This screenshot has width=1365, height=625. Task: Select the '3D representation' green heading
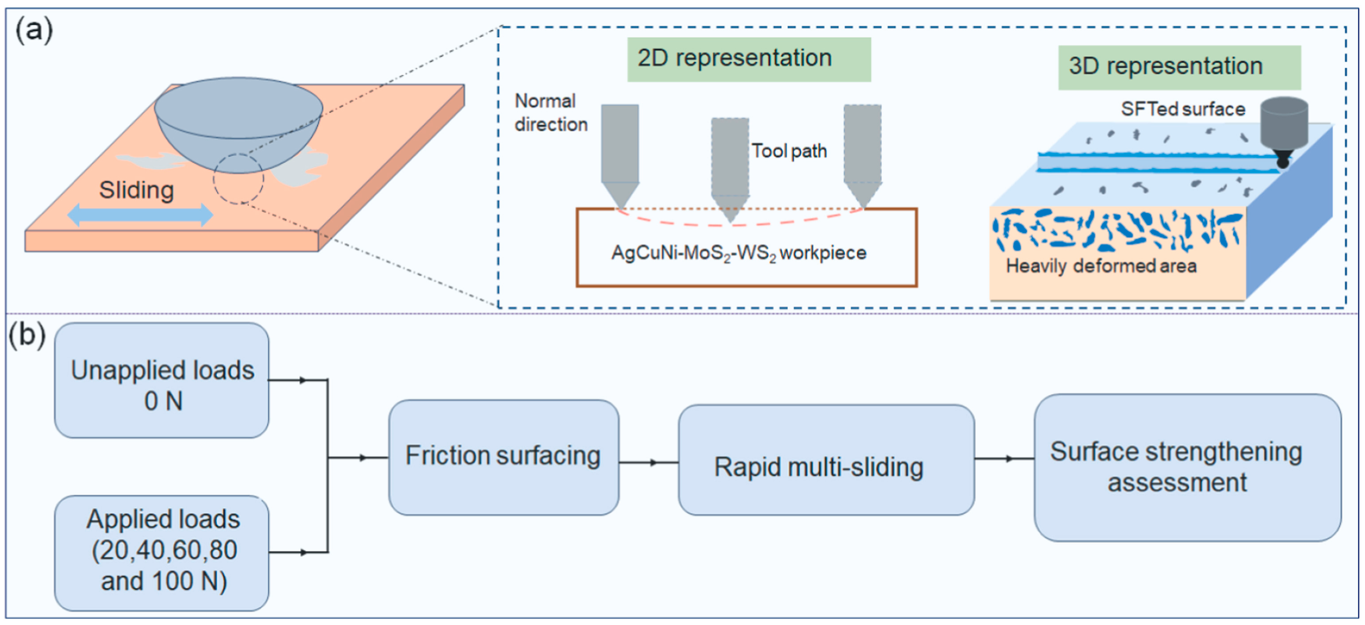pos(1179,67)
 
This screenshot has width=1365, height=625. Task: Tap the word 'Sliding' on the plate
pos(136,190)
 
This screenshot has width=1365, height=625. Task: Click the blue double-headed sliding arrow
pos(140,215)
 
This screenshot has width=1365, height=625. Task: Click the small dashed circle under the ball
pos(238,179)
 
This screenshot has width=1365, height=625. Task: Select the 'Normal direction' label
pos(551,113)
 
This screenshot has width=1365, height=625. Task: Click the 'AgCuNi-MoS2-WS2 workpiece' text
pos(739,253)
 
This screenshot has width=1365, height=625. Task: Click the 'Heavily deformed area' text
pos(1101,266)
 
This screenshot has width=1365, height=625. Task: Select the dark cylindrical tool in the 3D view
pos(1283,124)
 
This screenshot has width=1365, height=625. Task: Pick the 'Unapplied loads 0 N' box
pos(162,381)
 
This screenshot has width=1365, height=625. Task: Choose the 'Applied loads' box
pos(162,553)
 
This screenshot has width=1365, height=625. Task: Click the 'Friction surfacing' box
pos(503,457)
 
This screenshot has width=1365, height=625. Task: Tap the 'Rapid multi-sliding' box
pos(826,460)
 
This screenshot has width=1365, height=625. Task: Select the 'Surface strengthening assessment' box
pos(1187,467)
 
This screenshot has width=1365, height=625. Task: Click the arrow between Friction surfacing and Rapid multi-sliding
pos(649,462)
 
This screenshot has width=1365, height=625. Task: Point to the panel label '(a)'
pos(34,30)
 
